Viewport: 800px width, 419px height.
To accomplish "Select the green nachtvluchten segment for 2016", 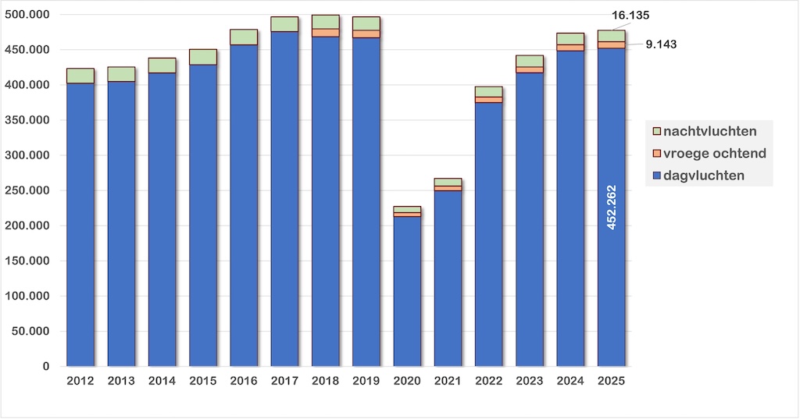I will pos(244,37).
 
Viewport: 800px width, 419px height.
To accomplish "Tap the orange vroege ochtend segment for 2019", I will pos(366,34).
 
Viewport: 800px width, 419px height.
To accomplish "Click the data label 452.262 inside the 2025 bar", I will pos(611,207).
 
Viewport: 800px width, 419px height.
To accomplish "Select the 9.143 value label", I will pos(661,44).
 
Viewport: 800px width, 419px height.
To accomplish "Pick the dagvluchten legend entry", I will pos(703,176).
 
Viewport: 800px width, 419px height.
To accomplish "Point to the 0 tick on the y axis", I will pos(45,367).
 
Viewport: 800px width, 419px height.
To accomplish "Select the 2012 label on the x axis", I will pos(80,381).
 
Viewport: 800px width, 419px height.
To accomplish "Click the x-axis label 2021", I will pos(448,381).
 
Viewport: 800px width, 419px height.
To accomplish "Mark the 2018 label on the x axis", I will pos(325,381).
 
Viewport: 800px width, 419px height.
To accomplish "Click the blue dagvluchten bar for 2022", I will pos(489,234).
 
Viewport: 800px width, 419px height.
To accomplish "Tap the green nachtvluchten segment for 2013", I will pos(121,73).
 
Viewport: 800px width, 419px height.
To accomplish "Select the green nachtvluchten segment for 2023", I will pos(530,61).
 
